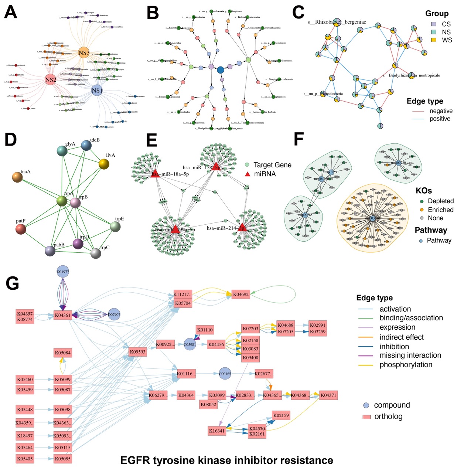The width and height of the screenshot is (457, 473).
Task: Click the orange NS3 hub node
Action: (x=84, y=53)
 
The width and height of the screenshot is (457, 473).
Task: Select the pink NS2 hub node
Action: (x=51, y=80)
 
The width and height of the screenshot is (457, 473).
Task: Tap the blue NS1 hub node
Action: (x=97, y=91)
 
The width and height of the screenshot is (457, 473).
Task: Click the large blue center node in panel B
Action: (x=221, y=69)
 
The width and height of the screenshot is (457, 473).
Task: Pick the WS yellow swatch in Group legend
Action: (x=434, y=40)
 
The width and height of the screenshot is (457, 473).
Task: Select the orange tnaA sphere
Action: (x=17, y=177)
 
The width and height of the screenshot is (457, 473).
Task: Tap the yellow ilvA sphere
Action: (x=104, y=164)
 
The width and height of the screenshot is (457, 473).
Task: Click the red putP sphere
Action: (x=21, y=229)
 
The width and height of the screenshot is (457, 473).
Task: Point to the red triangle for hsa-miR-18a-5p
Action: (x=155, y=173)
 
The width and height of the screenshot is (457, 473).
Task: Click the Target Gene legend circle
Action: (x=247, y=165)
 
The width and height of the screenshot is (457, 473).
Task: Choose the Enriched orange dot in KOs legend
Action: (x=422, y=210)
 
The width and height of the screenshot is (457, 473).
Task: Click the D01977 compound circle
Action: (x=63, y=272)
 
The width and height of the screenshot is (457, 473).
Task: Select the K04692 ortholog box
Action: (x=241, y=295)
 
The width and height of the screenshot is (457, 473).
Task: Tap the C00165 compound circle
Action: (x=225, y=374)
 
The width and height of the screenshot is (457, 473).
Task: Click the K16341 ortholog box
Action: (x=216, y=431)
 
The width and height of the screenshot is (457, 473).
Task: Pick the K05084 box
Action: (x=63, y=353)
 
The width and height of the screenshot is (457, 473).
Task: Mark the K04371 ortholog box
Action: (x=328, y=395)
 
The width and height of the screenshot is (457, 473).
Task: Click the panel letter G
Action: (x=13, y=284)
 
